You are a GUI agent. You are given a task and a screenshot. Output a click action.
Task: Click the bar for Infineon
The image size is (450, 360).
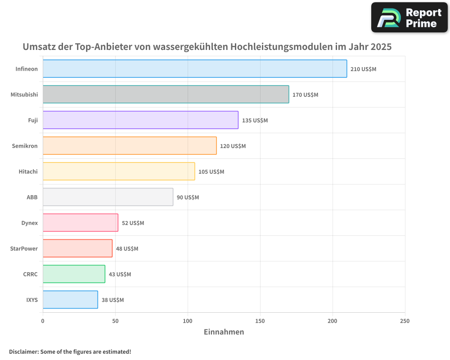(x=195, y=69)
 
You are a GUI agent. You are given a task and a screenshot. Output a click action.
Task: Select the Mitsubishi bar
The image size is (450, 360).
(x=166, y=94)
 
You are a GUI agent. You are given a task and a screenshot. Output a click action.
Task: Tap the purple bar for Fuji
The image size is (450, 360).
(x=140, y=120)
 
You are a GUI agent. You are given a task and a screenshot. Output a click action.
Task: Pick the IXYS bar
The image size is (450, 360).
(x=70, y=300)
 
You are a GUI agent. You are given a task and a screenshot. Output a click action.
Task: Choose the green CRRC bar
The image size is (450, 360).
(x=74, y=274)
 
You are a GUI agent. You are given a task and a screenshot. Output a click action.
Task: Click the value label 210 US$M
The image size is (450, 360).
(x=363, y=69)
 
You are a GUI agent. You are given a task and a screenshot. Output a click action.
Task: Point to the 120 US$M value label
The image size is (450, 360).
(x=233, y=146)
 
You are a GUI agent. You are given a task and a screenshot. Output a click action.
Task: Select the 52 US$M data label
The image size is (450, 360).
(x=133, y=223)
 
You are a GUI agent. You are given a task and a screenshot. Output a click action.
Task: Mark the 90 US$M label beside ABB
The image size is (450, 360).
(x=188, y=198)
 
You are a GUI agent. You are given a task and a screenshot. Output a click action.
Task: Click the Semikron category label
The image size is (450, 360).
(x=25, y=146)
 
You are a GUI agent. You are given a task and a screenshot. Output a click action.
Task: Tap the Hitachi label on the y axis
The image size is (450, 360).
(x=28, y=171)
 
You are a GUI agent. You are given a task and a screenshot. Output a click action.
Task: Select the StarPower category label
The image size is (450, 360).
(x=24, y=248)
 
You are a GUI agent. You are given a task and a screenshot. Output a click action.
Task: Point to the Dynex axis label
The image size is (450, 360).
(x=29, y=223)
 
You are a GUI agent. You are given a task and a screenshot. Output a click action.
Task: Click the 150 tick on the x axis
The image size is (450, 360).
(x=260, y=321)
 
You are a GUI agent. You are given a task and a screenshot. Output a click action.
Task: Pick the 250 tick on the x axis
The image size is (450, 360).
(x=405, y=321)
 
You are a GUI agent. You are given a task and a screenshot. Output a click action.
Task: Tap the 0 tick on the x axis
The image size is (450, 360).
(x=43, y=321)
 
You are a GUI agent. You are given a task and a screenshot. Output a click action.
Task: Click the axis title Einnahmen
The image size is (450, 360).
(x=224, y=332)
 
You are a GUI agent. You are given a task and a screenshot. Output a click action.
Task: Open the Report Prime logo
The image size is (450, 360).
(x=409, y=18)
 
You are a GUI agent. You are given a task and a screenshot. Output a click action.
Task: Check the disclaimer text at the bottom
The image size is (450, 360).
(x=70, y=351)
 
